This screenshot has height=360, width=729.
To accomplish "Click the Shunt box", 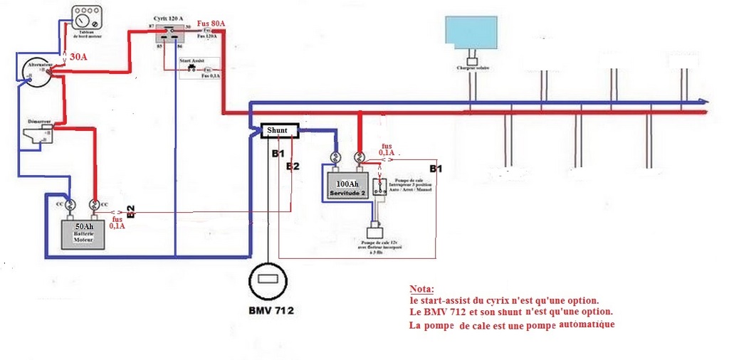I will click(278, 130).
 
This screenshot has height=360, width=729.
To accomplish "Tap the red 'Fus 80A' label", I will click(211, 23).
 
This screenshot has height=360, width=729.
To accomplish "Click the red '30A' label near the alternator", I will click(79, 56).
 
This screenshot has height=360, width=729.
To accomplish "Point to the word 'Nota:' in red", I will click(421, 290).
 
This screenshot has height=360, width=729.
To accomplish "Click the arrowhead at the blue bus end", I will click(703, 101).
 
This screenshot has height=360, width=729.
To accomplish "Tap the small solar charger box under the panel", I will click(470, 62).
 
